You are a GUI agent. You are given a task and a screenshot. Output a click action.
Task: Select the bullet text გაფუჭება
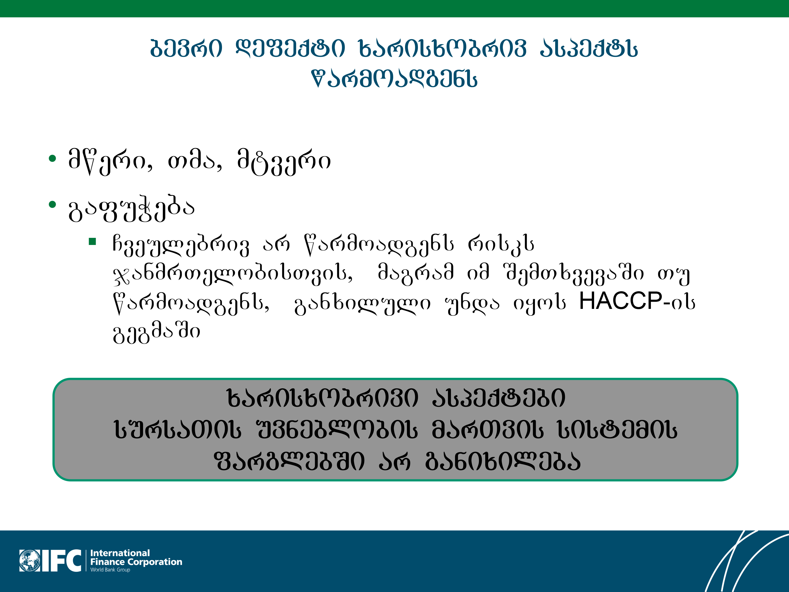pos(131,209)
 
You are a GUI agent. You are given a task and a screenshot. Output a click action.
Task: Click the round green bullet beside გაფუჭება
pos(52,204)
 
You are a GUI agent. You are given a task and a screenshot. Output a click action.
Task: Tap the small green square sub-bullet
pos(92,242)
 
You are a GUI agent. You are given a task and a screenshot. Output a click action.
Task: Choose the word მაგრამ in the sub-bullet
pos(416,273)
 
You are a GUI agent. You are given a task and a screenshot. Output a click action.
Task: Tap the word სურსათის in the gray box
pos(178,429)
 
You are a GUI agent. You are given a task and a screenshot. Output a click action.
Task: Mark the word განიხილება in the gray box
pos(503,461)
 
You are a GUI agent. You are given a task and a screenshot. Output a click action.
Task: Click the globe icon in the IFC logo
pos(30,561)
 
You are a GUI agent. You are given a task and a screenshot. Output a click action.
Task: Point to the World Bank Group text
pos(110,570)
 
